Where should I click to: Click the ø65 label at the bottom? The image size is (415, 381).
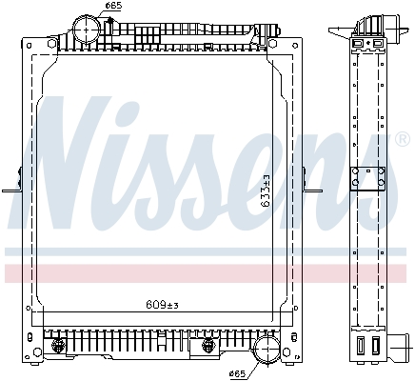237,374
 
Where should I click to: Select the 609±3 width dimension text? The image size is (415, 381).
163,305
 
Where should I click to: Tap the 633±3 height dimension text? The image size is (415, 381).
266,190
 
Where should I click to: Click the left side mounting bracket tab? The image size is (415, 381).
12,183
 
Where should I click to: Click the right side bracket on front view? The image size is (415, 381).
312,183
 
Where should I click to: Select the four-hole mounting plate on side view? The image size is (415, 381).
368,178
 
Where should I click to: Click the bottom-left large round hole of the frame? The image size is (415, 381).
38,351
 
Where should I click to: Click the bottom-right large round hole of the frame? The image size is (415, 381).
287,351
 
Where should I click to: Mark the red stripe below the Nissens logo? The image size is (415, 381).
206,273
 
